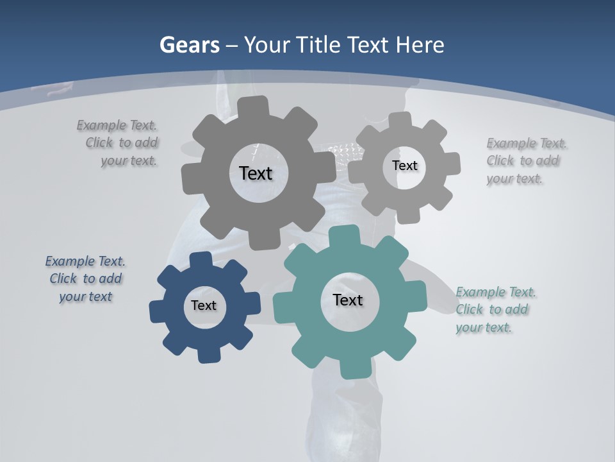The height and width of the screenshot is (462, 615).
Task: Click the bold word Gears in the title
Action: (190, 45)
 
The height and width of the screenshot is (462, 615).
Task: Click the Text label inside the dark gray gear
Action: (256, 173)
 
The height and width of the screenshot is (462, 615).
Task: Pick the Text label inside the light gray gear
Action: (404, 166)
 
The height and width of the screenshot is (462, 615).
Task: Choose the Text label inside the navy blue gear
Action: (204, 305)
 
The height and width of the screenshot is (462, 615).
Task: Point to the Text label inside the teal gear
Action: (348, 300)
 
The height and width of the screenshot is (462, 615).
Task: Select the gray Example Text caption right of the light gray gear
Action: (525, 161)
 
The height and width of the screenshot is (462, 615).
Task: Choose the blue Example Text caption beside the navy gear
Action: (85, 279)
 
